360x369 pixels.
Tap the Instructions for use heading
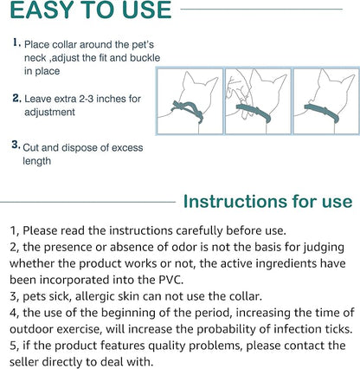pos(267,202)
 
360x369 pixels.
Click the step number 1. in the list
pos(17,42)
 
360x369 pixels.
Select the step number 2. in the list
pos(17,98)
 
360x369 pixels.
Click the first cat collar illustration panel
pos(188,102)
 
